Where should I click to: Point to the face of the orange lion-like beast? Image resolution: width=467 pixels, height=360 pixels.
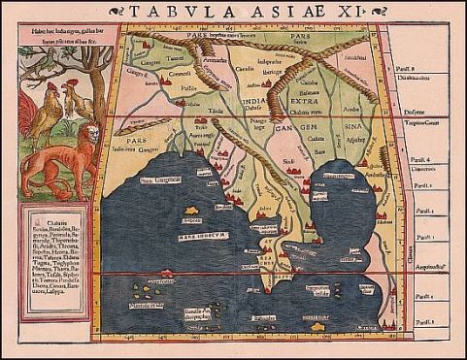[x=89, y=136]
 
